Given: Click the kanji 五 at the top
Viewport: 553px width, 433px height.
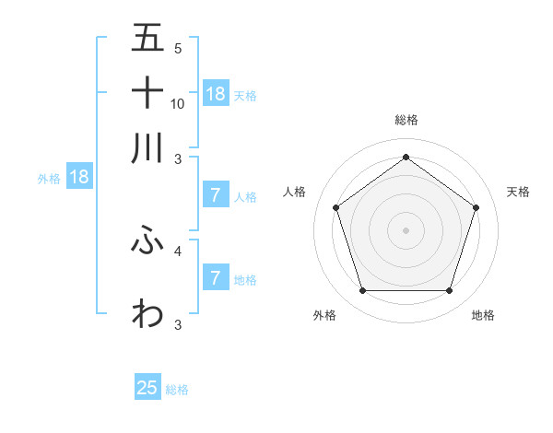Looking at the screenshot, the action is click(147, 39).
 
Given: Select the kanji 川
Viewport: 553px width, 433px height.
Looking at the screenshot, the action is click(147, 146).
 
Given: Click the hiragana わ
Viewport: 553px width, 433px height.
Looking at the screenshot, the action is click(147, 313).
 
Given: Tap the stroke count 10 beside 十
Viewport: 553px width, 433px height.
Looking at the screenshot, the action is click(178, 103).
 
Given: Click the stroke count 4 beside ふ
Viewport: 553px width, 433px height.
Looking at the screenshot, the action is click(178, 250).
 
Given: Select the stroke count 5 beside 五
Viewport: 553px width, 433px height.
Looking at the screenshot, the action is click(178, 49).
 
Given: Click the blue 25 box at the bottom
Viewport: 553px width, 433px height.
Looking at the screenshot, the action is click(147, 388).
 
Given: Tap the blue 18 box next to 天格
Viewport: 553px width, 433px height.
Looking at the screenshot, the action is click(216, 93).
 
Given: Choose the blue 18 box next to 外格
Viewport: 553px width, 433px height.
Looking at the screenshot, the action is click(79, 177).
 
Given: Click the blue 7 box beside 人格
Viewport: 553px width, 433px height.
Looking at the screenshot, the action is click(216, 194).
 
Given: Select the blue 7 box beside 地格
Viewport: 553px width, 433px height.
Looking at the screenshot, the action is click(216, 277).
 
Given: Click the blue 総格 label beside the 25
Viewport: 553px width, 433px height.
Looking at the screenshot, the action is click(177, 390).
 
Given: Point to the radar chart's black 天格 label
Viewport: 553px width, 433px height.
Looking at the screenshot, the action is click(519, 192).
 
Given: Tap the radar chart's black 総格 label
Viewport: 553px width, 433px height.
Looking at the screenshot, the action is click(406, 120).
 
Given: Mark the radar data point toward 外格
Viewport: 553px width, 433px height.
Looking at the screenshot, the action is click(362, 291).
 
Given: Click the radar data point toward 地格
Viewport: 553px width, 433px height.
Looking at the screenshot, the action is click(449, 291).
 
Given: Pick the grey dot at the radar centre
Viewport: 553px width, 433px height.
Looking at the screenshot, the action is click(406, 230).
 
